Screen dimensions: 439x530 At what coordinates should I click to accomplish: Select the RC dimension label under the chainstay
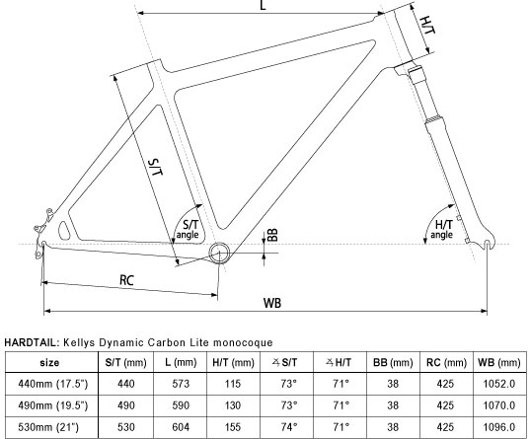127,280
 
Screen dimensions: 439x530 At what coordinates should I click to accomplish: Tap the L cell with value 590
178,405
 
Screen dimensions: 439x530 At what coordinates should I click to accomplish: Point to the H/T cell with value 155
233,427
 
